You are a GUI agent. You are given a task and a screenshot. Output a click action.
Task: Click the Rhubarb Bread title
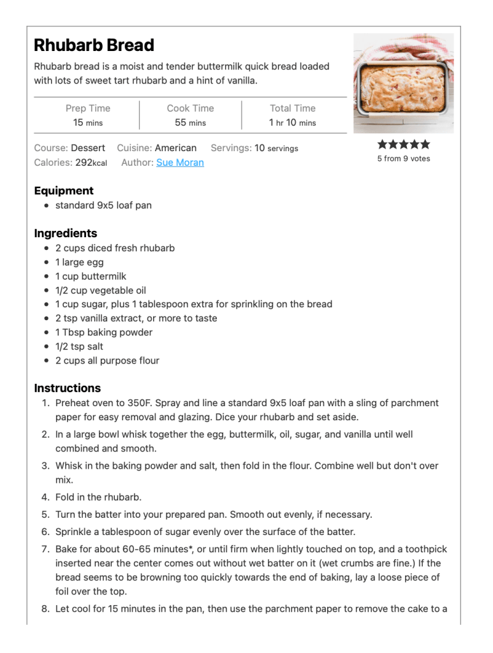(x=94, y=45)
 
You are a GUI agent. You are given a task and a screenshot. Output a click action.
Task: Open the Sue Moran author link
(x=180, y=163)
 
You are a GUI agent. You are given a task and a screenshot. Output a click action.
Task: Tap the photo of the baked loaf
(x=404, y=84)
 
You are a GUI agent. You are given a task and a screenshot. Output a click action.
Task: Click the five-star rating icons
(x=404, y=145)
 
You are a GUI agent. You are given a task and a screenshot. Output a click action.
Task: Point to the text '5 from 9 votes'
(x=404, y=159)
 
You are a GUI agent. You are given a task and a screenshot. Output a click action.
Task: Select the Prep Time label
(x=88, y=108)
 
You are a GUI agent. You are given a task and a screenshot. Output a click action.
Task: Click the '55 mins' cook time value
(x=190, y=122)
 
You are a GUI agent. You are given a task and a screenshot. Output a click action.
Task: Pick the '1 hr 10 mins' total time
(x=292, y=122)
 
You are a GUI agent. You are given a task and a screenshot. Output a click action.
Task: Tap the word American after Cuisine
(x=175, y=148)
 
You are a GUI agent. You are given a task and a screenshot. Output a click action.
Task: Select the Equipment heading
(x=64, y=191)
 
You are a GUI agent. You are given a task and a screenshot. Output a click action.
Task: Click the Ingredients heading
(x=66, y=233)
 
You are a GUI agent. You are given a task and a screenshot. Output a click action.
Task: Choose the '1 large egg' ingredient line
(x=79, y=262)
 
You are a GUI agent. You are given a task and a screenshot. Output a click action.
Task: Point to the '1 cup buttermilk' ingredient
(x=91, y=276)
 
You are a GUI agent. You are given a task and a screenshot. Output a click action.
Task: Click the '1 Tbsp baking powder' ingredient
(x=103, y=332)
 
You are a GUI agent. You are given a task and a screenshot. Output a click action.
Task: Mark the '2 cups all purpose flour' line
(x=107, y=360)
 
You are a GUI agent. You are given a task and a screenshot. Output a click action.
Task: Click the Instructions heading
(x=67, y=388)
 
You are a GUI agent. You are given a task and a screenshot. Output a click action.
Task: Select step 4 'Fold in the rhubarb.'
(x=98, y=497)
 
